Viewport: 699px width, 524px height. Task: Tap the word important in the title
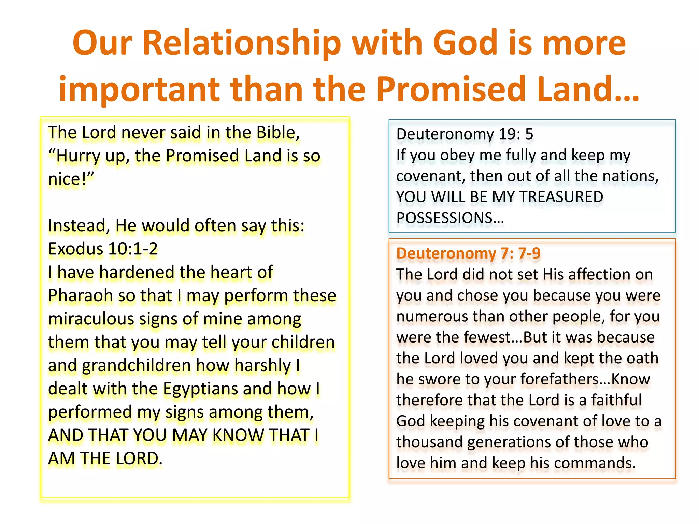tap(139, 89)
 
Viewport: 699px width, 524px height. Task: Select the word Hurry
tap(78, 156)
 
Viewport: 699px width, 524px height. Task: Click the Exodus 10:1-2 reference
tap(103, 249)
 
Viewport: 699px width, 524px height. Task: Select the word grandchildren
tap(137, 365)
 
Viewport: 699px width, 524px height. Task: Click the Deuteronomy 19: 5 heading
tap(464, 134)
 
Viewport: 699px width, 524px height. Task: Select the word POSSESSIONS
tap(450, 218)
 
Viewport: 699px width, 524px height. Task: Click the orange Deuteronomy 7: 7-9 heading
tap(468, 253)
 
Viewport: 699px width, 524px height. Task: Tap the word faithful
tap(616, 400)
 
